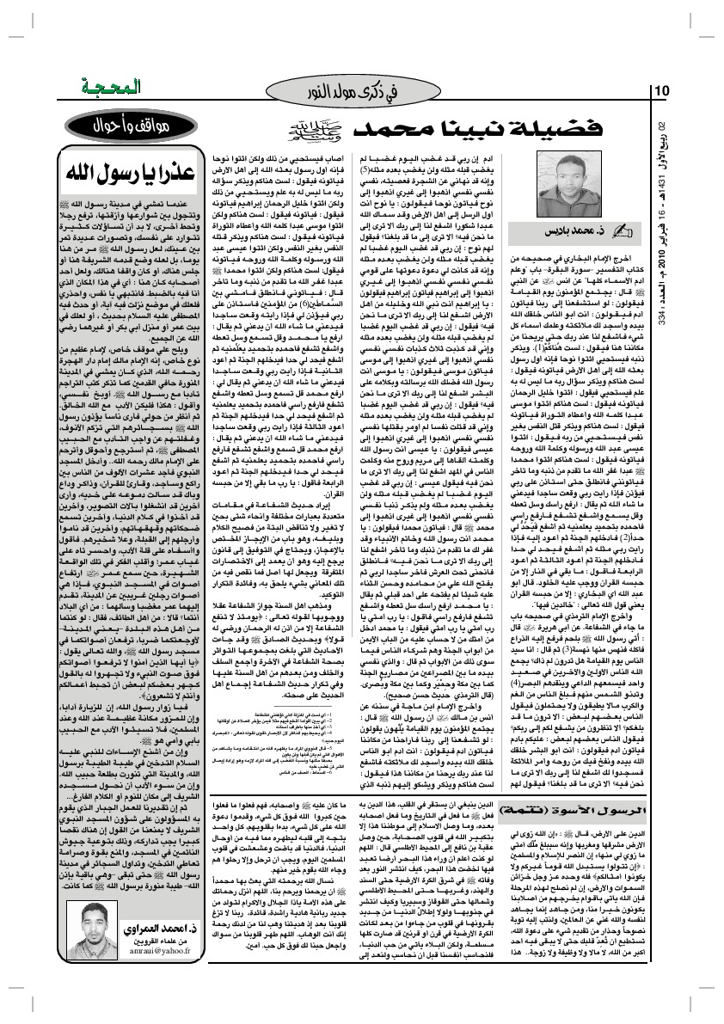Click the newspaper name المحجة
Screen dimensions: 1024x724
90,89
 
